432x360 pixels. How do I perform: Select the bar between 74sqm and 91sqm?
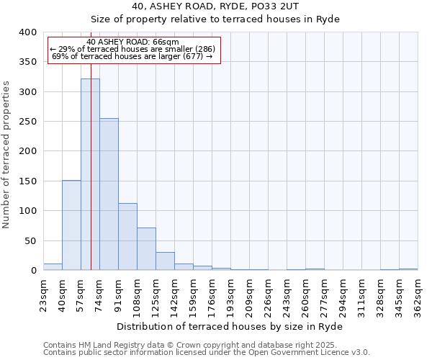tap(109, 194)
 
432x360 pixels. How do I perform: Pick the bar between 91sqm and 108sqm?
tap(127, 237)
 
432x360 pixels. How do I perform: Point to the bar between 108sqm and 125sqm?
tap(146, 249)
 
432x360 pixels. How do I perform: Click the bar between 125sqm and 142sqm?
tap(165, 261)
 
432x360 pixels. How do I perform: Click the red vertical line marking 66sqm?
tap(91, 144)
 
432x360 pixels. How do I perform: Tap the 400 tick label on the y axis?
tap(27, 32)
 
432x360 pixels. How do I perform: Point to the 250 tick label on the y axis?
tap(27, 122)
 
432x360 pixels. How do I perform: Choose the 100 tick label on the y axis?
tap(27, 211)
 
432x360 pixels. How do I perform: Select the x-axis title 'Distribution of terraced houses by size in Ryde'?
tap(230, 327)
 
